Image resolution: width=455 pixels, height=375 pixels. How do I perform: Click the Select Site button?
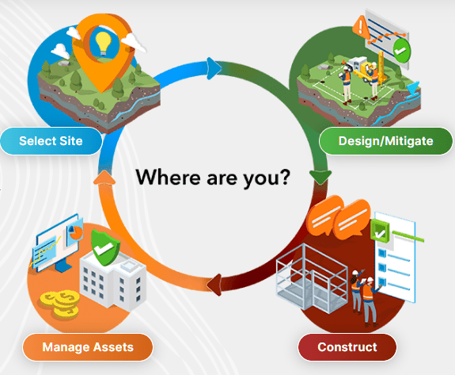[51, 141]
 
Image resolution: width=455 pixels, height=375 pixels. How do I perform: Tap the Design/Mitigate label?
[385, 141]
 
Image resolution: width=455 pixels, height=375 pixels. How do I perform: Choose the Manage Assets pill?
[88, 347]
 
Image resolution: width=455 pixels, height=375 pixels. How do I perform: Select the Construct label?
[347, 347]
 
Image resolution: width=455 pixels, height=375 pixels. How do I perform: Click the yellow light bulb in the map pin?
[104, 44]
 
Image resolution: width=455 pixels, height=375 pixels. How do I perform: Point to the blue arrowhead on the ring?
[214, 69]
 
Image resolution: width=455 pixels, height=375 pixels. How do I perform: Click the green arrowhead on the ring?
[320, 177]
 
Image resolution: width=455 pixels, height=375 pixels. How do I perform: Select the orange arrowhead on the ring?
[104, 178]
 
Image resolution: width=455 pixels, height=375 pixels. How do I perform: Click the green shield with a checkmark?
[104, 247]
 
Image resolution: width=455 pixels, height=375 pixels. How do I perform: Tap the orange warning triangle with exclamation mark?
[361, 26]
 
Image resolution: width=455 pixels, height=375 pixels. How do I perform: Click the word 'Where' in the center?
[168, 177]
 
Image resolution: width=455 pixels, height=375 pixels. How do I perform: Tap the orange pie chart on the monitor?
[76, 232]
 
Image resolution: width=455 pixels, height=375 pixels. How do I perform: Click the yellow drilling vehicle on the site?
[363, 71]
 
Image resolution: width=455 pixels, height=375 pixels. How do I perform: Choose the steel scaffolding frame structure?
[312, 278]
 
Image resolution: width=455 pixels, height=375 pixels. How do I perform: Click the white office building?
[112, 280]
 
